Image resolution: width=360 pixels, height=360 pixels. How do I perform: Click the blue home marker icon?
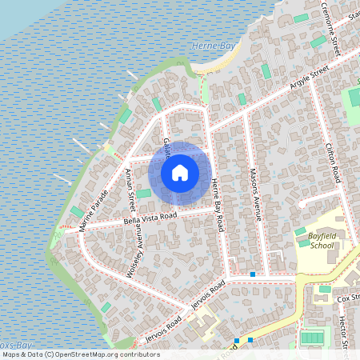(180, 172)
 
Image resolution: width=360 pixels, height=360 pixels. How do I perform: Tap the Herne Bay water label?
(211, 46)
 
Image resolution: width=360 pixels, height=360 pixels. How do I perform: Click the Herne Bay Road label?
(217, 206)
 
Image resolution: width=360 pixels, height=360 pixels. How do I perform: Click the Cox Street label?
(348, 298)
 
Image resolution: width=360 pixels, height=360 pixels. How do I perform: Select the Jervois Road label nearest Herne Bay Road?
(206, 293)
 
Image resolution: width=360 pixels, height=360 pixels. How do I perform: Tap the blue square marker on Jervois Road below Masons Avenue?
(253, 274)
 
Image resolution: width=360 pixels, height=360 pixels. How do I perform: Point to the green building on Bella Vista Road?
(143, 194)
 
